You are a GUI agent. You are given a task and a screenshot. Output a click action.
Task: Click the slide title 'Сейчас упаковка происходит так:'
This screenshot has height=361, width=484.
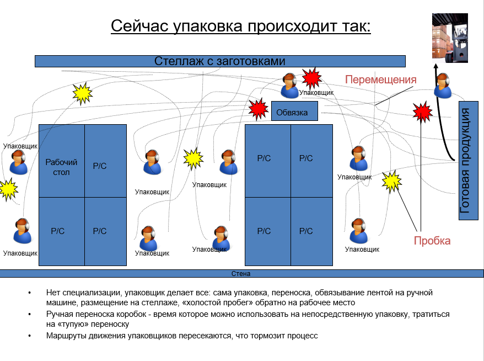tap(240, 26)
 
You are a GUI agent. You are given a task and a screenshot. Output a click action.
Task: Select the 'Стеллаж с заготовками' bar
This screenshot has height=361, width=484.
tap(220, 61)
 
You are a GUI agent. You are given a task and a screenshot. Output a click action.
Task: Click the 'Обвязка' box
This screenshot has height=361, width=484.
tap(294, 112)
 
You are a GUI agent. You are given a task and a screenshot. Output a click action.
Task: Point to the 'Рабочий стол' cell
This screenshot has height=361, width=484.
tap(61, 167)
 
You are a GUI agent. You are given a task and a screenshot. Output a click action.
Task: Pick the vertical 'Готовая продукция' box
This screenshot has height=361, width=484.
tap(467, 160)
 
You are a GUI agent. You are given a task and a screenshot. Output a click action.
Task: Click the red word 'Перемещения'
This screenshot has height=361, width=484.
tap(380, 79)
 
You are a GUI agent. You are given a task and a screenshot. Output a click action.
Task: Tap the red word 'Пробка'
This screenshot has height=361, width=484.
tap(432, 241)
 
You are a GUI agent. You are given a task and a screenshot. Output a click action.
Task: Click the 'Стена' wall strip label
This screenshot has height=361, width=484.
tap(241, 273)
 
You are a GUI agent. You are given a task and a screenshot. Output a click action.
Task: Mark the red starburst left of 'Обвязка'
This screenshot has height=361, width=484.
tap(257, 109)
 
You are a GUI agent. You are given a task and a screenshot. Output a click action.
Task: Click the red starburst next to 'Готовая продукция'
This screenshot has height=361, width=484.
tap(422, 112)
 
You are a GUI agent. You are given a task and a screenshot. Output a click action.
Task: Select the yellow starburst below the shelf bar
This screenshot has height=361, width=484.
tap(83, 94)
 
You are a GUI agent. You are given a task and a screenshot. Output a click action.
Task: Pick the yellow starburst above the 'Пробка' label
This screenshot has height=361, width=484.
tap(391, 181)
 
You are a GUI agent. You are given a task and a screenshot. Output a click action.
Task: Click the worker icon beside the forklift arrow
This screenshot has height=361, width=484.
tap(443, 85)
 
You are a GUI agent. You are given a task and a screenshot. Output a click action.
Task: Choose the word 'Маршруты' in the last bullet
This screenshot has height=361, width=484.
tap(64, 335)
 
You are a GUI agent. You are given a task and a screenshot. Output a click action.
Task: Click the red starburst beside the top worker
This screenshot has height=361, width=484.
tap(312, 78)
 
